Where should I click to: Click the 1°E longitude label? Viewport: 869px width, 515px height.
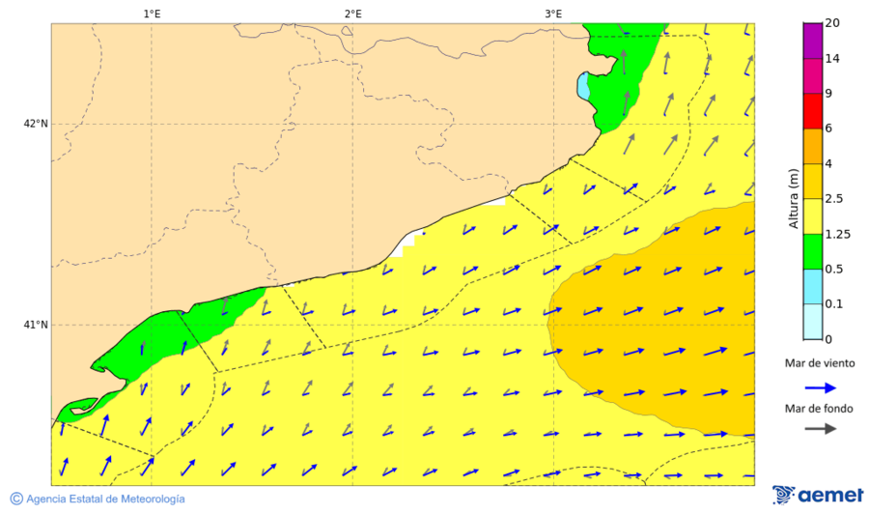tap(152, 14)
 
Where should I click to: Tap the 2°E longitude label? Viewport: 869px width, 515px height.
tap(352, 14)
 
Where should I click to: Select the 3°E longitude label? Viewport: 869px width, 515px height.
tap(553, 14)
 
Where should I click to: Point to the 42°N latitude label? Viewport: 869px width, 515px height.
tap(35, 124)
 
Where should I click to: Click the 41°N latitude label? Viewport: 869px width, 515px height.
tap(35, 325)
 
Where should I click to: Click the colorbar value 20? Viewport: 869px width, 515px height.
tap(832, 23)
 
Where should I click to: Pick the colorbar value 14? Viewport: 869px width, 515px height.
tap(832, 59)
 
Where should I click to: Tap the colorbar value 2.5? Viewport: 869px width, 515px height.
tap(836, 199)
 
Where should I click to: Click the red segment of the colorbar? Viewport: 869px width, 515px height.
tap(812, 111)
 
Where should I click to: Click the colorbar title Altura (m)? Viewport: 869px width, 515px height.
tap(794, 198)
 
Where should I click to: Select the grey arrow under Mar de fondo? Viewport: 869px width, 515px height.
tap(821, 429)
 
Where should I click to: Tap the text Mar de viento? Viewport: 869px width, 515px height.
tap(820, 363)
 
